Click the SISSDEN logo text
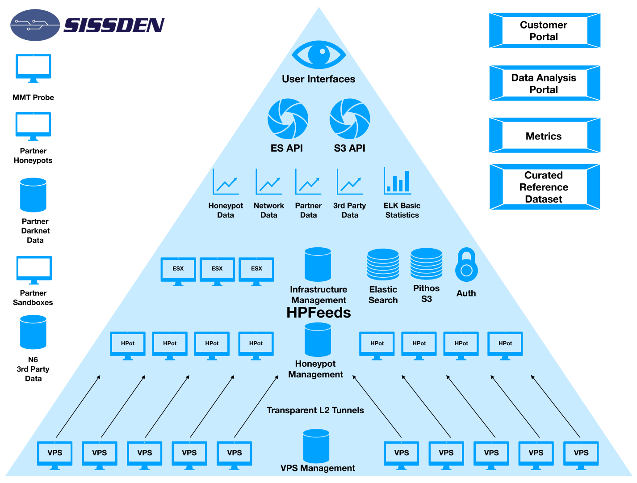[x=114, y=25]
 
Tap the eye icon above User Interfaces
[x=318, y=55]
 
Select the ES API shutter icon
[x=288, y=119]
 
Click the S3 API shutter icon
[x=350, y=119]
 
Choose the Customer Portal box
[x=544, y=30]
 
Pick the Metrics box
[x=544, y=136]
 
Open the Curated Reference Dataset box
[x=544, y=187]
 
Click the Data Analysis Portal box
[x=544, y=84]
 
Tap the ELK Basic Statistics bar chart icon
[x=397, y=181]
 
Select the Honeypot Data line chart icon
[x=226, y=182]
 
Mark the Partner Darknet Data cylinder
[x=34, y=195]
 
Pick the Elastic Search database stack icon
[x=383, y=264]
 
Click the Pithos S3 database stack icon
[x=427, y=263]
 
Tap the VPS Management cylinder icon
[x=316, y=446]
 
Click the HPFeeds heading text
[x=318, y=313]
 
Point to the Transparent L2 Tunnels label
[x=315, y=410]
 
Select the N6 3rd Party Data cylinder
[x=34, y=332]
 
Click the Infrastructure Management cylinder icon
[x=318, y=264]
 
